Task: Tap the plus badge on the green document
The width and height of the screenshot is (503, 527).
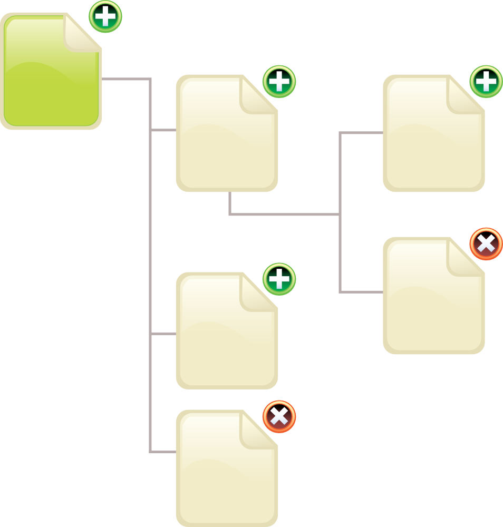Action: [x=105, y=17]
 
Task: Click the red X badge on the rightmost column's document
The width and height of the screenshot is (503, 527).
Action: [x=486, y=244]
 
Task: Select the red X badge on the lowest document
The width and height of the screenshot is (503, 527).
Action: [x=279, y=417]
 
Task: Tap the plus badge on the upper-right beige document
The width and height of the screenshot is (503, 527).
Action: [x=486, y=82]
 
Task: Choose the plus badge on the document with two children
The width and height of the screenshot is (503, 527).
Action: [x=279, y=82]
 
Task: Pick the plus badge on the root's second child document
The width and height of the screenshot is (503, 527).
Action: [x=279, y=279]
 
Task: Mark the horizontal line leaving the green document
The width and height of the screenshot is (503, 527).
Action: [x=127, y=80]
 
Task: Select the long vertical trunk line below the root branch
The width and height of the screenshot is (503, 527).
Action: [x=150, y=263]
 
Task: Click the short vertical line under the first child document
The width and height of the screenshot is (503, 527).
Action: [x=230, y=203]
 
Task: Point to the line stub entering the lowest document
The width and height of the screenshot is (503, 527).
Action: [x=163, y=452]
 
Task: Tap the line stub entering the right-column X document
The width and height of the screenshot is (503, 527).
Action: [x=361, y=291]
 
